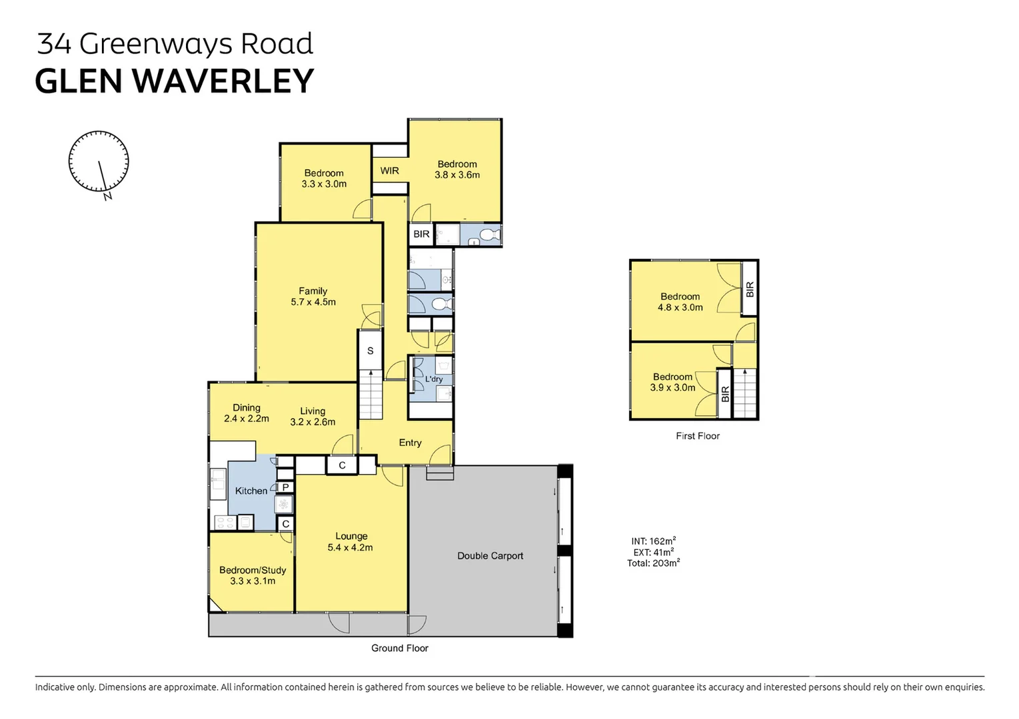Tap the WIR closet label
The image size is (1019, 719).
point(390,171)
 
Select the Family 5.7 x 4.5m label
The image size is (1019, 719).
point(313,296)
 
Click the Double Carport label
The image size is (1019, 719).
point(490,556)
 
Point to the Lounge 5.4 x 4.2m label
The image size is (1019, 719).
point(351,542)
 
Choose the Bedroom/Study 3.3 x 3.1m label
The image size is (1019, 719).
point(253,575)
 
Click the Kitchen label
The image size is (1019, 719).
point(251,491)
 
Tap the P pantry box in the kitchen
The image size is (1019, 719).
point(285,487)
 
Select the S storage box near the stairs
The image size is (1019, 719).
point(370,351)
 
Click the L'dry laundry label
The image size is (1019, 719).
point(434,379)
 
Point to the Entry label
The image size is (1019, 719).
point(410,443)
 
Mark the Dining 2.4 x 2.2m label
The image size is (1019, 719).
point(247,413)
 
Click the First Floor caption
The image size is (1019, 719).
point(698,436)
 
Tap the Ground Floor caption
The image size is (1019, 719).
point(399,648)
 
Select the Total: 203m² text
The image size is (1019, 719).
point(653,563)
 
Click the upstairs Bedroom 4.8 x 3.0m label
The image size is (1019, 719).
point(680,302)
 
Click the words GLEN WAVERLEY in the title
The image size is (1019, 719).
point(174,82)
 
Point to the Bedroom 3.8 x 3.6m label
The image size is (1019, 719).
point(457,170)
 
